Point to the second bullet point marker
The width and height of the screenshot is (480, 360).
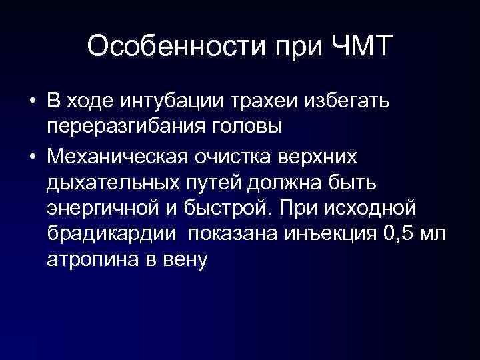point(32,156)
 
